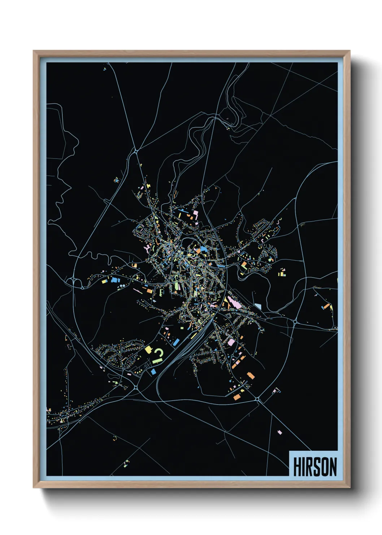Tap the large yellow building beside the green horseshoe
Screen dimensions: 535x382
148,349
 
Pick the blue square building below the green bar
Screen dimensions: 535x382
153,371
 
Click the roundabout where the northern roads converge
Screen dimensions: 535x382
136,151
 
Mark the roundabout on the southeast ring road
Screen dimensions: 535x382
257,399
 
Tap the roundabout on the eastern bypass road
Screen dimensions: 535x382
295,321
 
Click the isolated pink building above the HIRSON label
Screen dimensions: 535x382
279,432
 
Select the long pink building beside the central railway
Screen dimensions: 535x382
234,301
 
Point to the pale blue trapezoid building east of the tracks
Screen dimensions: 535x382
258,307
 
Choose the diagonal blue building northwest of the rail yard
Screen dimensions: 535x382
176,342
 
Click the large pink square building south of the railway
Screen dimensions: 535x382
230,342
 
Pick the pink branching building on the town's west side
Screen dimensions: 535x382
147,248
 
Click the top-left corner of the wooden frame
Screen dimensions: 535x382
34,51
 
